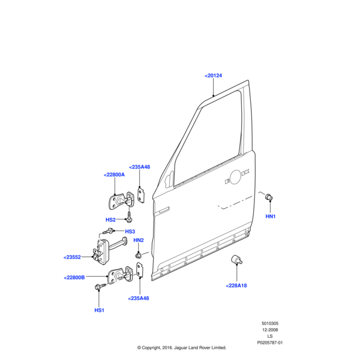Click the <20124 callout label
point(213,76)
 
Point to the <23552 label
point(72,257)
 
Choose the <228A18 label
point(236,286)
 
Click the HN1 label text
point(271,216)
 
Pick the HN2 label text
point(139,240)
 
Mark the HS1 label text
point(100,310)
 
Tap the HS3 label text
point(130,232)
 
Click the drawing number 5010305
point(269,323)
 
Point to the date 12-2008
point(269,330)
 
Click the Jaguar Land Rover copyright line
point(181,347)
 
